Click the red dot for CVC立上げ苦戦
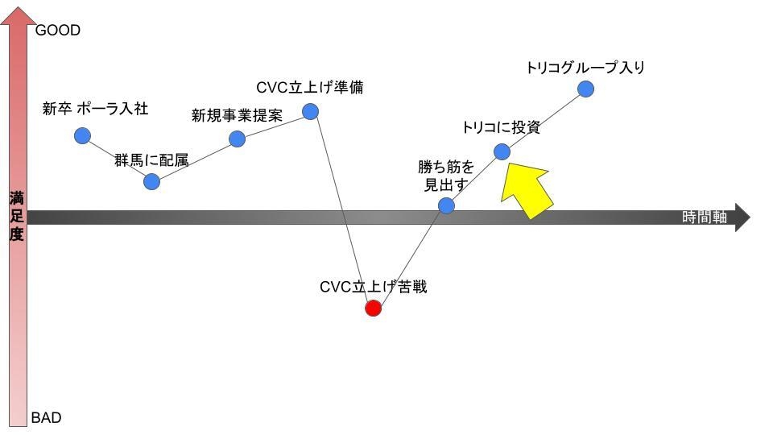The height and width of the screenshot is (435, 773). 373,308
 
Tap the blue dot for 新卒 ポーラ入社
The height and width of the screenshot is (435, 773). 82,135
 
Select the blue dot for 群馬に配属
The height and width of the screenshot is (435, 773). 151,181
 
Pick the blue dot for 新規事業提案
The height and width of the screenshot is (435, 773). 237,139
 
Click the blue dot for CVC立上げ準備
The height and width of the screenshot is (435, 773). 311,111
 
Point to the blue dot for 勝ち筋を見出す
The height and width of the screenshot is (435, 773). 446,205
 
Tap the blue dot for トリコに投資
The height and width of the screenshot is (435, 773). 502,151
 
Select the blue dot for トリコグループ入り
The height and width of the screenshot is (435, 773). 586,89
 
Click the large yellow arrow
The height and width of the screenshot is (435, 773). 527,190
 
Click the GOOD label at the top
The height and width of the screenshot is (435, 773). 58,31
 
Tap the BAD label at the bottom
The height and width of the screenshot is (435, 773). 46,418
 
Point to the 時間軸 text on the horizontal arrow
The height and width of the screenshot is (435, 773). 705,217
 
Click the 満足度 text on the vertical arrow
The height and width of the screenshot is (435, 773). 17,216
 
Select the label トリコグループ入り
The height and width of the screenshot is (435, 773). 585,68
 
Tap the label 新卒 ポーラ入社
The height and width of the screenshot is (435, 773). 95,109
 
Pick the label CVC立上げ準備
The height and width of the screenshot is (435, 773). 309,87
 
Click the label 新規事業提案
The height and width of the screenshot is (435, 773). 237,115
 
